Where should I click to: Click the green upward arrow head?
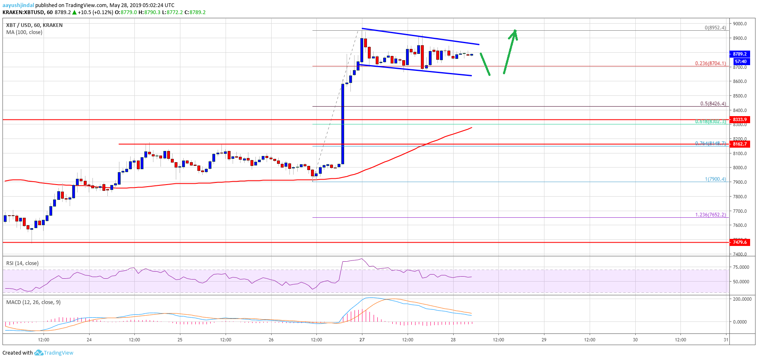point(514,33)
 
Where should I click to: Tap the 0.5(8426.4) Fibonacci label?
point(713,104)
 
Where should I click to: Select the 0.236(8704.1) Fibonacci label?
point(710,63)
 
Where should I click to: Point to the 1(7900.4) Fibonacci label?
point(715,179)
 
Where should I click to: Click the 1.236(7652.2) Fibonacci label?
point(710,215)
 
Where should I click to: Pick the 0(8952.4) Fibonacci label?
point(715,28)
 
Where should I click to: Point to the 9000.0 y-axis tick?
point(740,24)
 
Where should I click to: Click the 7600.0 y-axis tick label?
point(740,225)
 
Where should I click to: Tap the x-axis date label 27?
point(362,340)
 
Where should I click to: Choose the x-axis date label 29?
point(544,340)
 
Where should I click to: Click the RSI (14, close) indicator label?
point(22,263)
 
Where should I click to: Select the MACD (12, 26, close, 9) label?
point(33,302)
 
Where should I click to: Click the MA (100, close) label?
point(24,32)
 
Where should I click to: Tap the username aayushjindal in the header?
point(18,5)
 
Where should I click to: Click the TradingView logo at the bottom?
point(54,353)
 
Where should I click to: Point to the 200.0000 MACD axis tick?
point(742,299)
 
